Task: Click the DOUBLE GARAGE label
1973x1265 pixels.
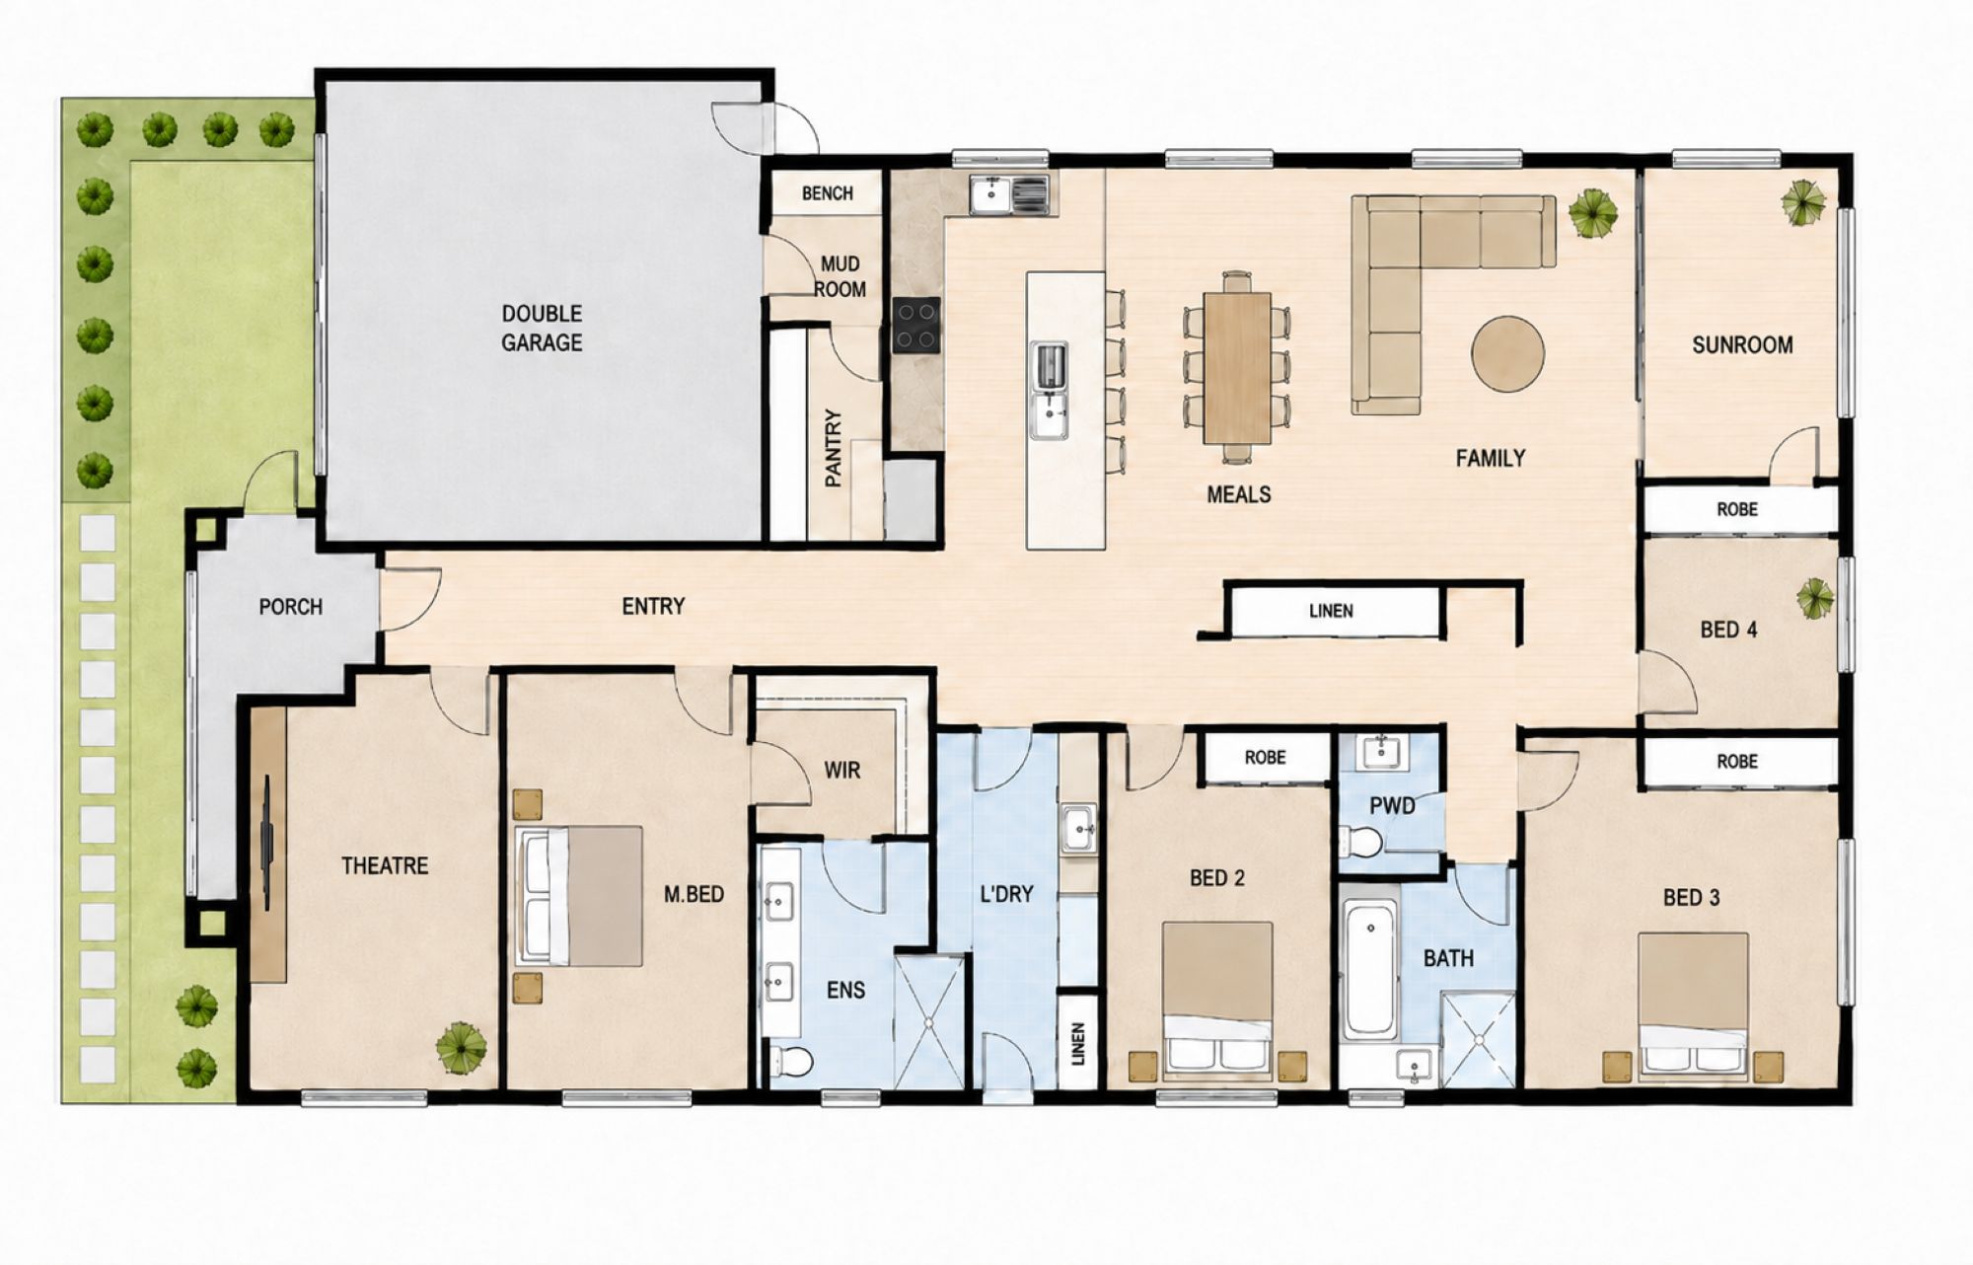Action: (542, 328)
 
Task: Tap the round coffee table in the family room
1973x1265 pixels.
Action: (1508, 353)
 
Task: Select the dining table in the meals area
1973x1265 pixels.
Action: (1236, 367)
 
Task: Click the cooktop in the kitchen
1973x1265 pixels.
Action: (916, 326)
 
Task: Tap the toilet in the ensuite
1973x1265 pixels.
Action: (791, 1062)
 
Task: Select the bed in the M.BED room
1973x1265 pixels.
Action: (579, 896)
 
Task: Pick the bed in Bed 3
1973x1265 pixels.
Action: (1693, 1005)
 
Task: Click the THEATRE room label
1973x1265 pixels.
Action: (385, 866)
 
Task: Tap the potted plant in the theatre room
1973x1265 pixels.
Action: (461, 1048)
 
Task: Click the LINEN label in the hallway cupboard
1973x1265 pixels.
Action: (1331, 612)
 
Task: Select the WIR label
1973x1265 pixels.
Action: (842, 770)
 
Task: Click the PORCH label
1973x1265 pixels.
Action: (291, 607)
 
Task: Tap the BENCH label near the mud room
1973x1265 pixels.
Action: (828, 193)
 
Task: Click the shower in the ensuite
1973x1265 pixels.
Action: (929, 1021)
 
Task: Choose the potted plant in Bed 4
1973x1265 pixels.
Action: (1815, 598)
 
